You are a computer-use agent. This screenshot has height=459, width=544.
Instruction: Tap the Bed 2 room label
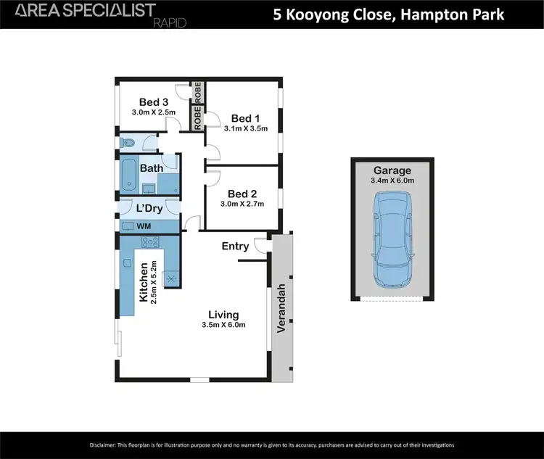242,194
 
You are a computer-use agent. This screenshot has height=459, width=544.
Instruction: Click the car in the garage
392,239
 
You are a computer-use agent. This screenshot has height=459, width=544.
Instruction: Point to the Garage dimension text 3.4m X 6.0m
392,181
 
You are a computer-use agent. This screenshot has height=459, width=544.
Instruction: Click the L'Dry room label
148,209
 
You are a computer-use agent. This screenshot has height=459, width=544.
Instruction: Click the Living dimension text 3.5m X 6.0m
223,325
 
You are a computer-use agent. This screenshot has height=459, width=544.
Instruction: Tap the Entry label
235,247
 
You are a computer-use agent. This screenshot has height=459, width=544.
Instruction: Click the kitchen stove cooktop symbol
173,278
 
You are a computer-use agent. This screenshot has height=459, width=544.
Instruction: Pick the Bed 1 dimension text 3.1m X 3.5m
245,129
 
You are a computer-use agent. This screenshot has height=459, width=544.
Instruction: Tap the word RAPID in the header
170,23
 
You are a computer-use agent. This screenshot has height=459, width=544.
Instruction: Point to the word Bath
152,168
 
